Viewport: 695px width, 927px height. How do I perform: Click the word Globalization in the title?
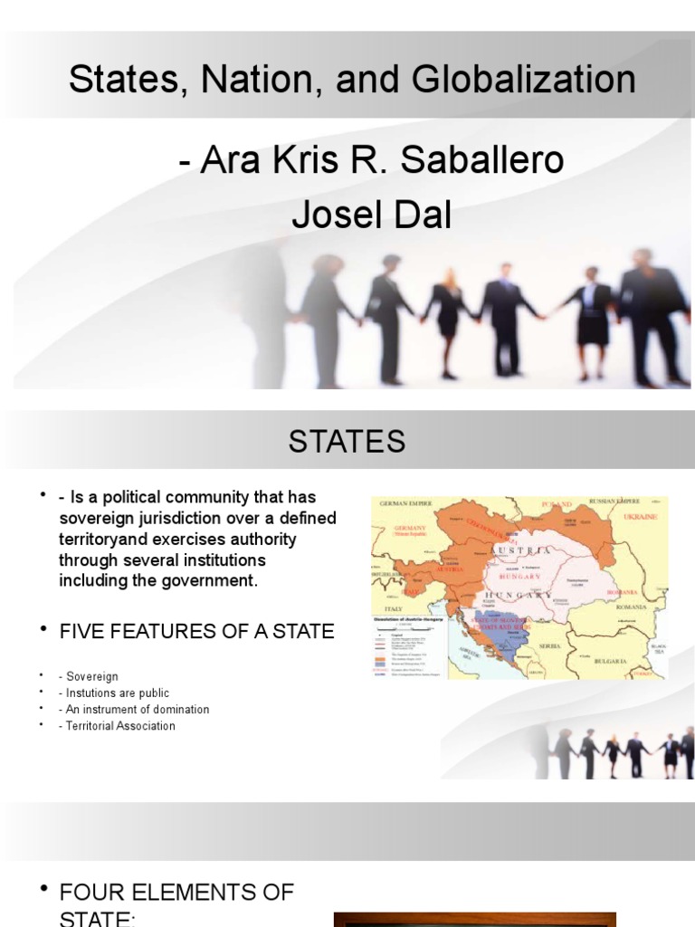click(525, 80)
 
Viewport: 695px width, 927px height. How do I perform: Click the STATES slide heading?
click(347, 442)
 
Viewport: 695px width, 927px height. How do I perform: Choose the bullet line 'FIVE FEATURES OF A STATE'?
click(196, 632)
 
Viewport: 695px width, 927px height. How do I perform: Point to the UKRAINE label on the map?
click(639, 516)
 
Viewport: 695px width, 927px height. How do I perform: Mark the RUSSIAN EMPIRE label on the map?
click(614, 501)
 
